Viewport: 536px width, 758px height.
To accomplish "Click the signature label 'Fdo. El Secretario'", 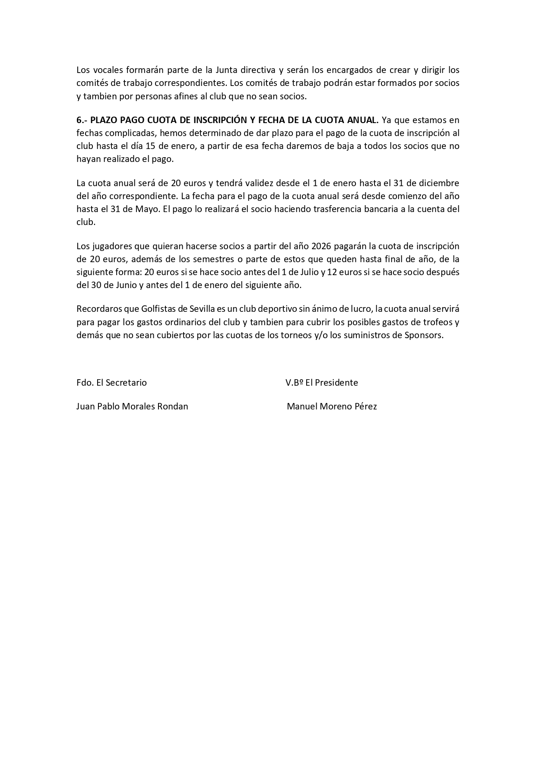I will click(x=111, y=383).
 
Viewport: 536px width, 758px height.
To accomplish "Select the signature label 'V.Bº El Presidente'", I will click(x=322, y=383).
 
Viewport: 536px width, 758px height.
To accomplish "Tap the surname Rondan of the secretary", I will click(x=172, y=406).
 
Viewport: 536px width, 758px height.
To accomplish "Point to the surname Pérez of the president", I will click(x=365, y=406).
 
